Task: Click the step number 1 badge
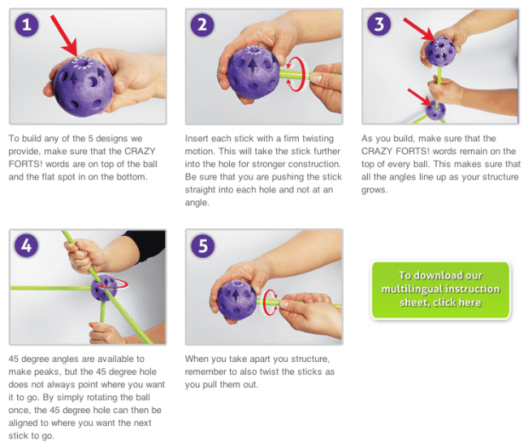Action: pyautogui.click(x=26, y=24)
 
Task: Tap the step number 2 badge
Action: pyautogui.click(x=203, y=24)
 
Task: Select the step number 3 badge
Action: pyautogui.click(x=379, y=24)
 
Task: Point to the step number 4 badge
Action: pyautogui.click(x=26, y=245)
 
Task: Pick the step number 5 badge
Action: pyautogui.click(x=203, y=245)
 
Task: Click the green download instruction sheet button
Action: pyautogui.click(x=441, y=290)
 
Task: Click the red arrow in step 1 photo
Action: pyautogui.click(x=65, y=36)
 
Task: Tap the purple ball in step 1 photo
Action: pyautogui.click(x=83, y=87)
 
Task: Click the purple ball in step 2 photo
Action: pyautogui.click(x=253, y=72)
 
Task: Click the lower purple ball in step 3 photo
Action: pyautogui.click(x=435, y=111)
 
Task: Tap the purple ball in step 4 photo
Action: pyautogui.click(x=104, y=289)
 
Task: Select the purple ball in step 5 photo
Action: pyautogui.click(x=237, y=300)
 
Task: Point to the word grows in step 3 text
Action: pyautogui.click(x=375, y=190)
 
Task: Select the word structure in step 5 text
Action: pyautogui.click(x=310, y=359)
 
